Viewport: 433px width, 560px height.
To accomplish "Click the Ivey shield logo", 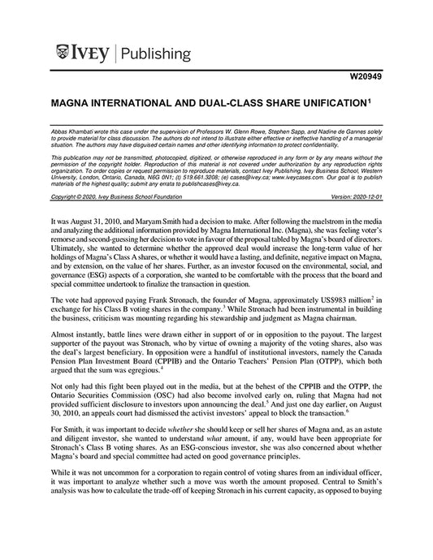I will click(x=64, y=54).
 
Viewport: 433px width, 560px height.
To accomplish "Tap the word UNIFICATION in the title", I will click(x=310, y=105).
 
